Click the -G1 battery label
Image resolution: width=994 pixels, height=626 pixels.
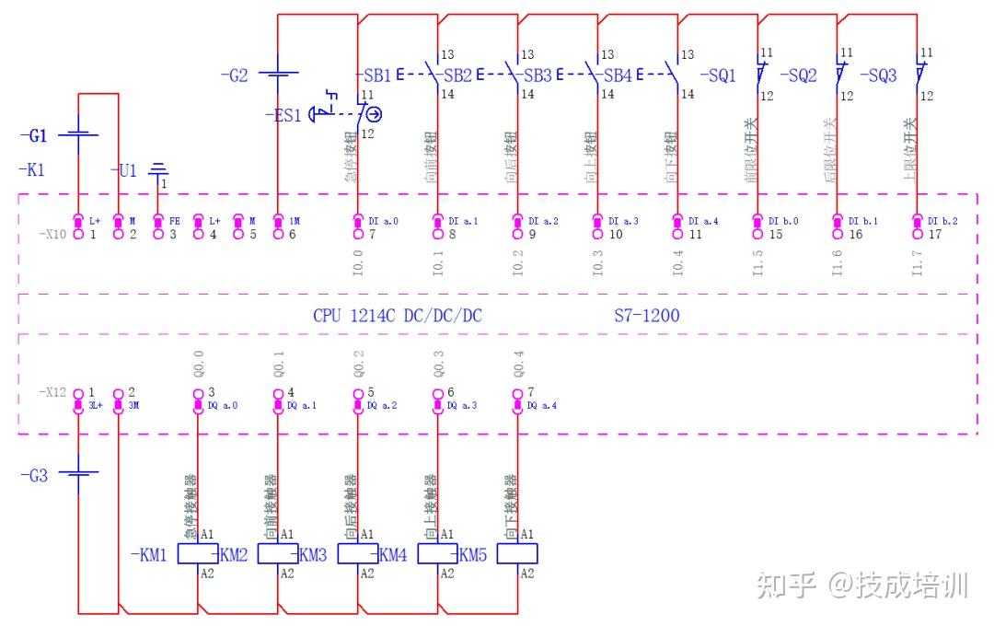pos(34,136)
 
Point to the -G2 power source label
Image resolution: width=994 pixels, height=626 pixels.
pos(235,76)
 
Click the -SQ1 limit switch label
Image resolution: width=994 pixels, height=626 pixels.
pos(718,76)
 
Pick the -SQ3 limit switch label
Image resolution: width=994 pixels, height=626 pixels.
pos(878,76)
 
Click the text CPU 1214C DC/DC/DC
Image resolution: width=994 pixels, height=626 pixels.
pos(397,316)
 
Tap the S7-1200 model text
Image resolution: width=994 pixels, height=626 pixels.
pos(646,316)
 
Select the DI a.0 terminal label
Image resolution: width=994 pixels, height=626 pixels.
pos(384,221)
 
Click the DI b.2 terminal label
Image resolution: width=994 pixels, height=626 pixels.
pos(944,221)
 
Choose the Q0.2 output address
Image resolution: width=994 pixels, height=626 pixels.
pos(358,365)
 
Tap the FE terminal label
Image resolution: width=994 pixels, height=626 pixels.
pos(174,221)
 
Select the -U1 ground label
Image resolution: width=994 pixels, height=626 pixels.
pos(126,171)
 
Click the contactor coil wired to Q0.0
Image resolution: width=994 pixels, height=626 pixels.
pos(197,553)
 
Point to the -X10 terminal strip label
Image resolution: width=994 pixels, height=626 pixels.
pos(52,235)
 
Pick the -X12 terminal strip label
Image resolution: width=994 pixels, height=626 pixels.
pos(53,393)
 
